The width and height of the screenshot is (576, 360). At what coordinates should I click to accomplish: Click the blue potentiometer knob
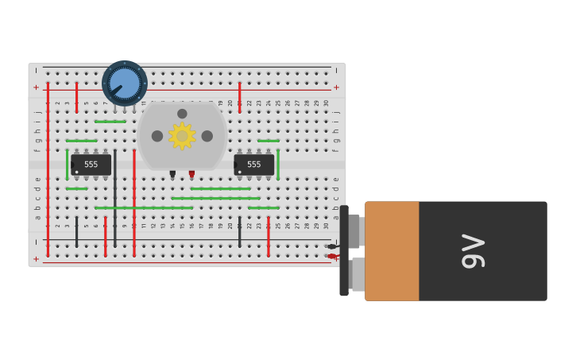(x=125, y=83)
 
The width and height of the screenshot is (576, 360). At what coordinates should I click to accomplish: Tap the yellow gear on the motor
(x=182, y=136)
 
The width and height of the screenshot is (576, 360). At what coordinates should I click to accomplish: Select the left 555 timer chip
(x=91, y=165)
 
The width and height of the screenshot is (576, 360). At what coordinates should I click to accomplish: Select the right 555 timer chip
(x=254, y=165)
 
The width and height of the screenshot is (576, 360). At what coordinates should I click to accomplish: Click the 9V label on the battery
(x=473, y=251)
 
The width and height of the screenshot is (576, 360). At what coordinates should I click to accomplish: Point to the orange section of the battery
(x=392, y=251)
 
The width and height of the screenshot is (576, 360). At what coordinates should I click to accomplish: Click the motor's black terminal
(x=172, y=173)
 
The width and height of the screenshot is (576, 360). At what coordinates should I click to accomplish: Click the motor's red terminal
(x=191, y=173)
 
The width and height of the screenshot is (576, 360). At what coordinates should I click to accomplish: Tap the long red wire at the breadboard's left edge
(x=48, y=167)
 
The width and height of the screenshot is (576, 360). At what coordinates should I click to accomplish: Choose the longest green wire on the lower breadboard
(x=143, y=208)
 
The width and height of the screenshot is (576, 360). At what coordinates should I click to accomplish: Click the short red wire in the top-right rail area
(x=239, y=96)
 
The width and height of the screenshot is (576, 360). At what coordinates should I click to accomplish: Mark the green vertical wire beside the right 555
(x=278, y=165)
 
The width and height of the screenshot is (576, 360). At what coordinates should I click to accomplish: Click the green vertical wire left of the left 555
(x=68, y=165)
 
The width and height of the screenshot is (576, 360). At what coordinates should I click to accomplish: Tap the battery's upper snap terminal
(x=354, y=231)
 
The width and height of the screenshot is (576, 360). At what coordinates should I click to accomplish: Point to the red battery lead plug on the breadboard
(x=331, y=256)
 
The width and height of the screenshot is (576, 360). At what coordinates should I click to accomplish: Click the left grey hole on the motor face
(x=157, y=136)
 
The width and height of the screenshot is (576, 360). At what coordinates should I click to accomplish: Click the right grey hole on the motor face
(x=207, y=136)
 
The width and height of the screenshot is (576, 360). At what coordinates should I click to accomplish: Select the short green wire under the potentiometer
(x=110, y=122)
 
